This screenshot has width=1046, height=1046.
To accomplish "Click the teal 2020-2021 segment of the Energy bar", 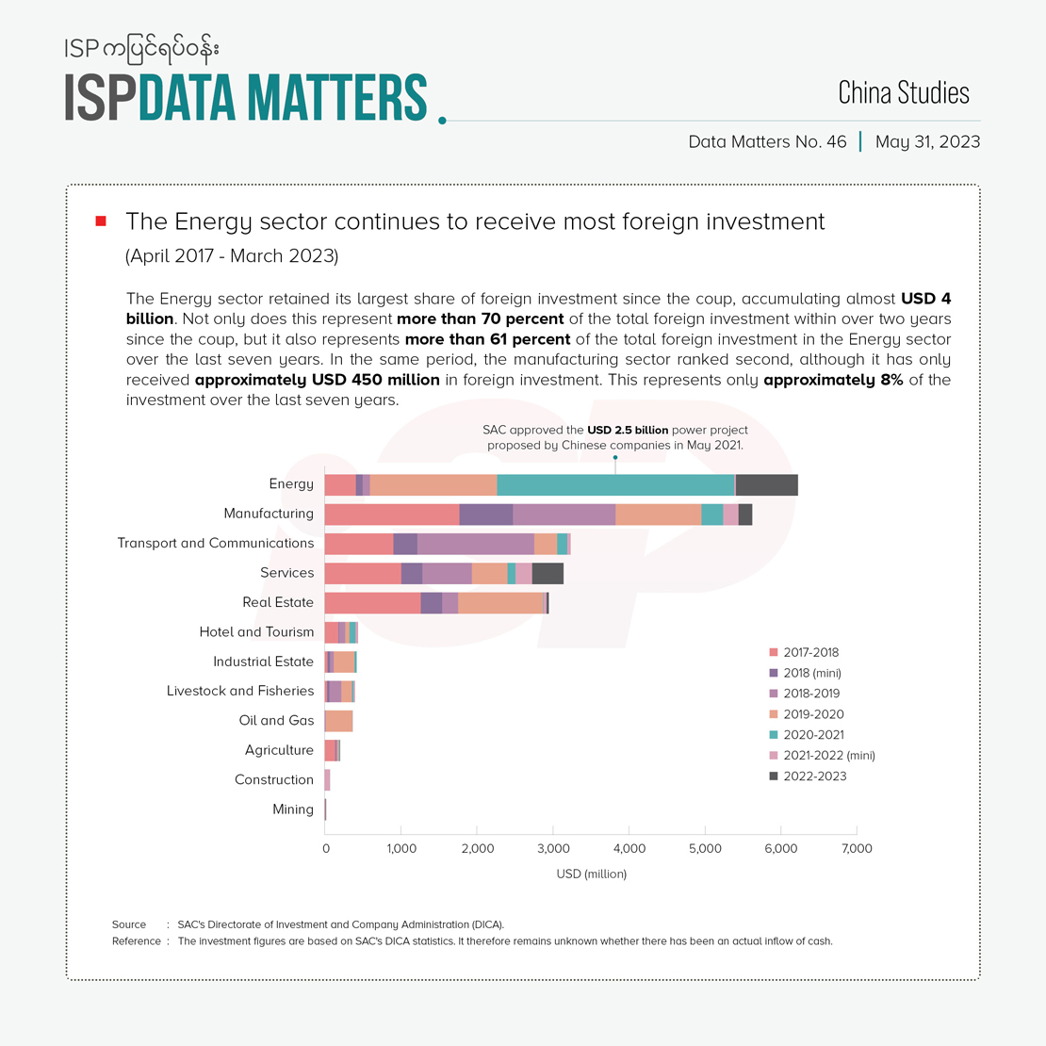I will tap(615, 484).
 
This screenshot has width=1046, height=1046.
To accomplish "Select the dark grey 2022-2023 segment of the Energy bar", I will tap(766, 484).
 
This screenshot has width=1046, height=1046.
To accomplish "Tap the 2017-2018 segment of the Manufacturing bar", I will tap(391, 515).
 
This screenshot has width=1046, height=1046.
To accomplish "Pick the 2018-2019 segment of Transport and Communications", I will tap(475, 544).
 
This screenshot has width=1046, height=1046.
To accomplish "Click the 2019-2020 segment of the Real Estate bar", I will tap(500, 603).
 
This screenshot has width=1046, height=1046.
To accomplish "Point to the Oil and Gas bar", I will tap(338, 721).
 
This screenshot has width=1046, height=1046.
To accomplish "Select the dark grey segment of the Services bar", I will tap(548, 573).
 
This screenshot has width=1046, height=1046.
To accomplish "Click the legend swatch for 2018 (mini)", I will tap(774, 673).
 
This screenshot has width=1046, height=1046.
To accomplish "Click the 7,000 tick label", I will tap(857, 849).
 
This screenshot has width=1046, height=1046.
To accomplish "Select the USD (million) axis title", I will tap(592, 874).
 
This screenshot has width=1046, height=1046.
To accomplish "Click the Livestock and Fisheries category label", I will tap(240, 691).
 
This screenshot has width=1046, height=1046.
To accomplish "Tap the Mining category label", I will tap(292, 809).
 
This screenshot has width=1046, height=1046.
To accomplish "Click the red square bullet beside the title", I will tap(102, 221).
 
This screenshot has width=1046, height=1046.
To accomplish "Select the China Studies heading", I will tap(903, 92).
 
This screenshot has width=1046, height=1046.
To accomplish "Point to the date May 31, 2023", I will tap(927, 142).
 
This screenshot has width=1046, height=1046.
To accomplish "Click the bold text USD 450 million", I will tap(318, 380).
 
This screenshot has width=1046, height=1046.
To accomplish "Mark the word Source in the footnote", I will tap(129, 924).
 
